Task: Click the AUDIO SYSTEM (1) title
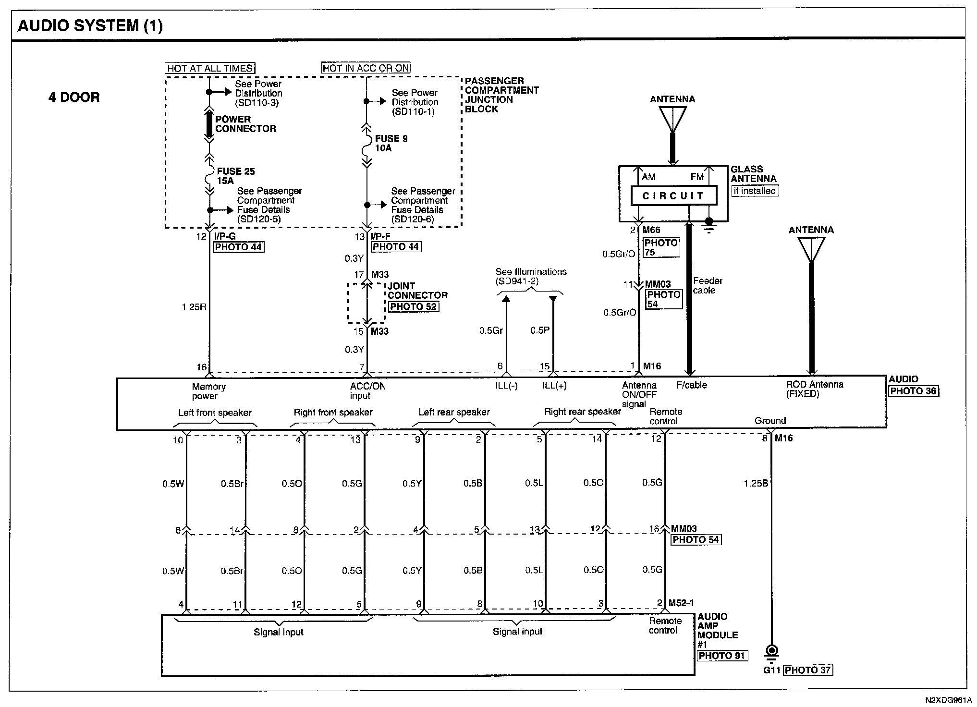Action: (x=90, y=25)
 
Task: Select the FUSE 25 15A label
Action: (x=235, y=176)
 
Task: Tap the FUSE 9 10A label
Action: (x=391, y=143)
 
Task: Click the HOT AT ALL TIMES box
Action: (x=210, y=68)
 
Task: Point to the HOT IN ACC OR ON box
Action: (x=366, y=68)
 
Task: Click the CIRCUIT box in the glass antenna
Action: (x=673, y=196)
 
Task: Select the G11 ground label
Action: (x=772, y=670)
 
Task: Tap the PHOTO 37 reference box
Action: (x=807, y=670)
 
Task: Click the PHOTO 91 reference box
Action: (x=722, y=656)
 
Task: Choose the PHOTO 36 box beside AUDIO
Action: (x=913, y=391)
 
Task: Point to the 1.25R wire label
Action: (x=194, y=307)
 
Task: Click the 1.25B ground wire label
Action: (x=756, y=483)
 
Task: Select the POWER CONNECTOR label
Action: (x=245, y=124)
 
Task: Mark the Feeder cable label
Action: (x=707, y=286)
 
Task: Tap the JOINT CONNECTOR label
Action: (x=417, y=291)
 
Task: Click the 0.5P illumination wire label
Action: (x=539, y=330)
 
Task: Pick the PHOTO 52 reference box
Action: (x=413, y=306)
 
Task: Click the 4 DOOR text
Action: (x=74, y=98)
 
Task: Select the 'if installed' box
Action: (x=754, y=191)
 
